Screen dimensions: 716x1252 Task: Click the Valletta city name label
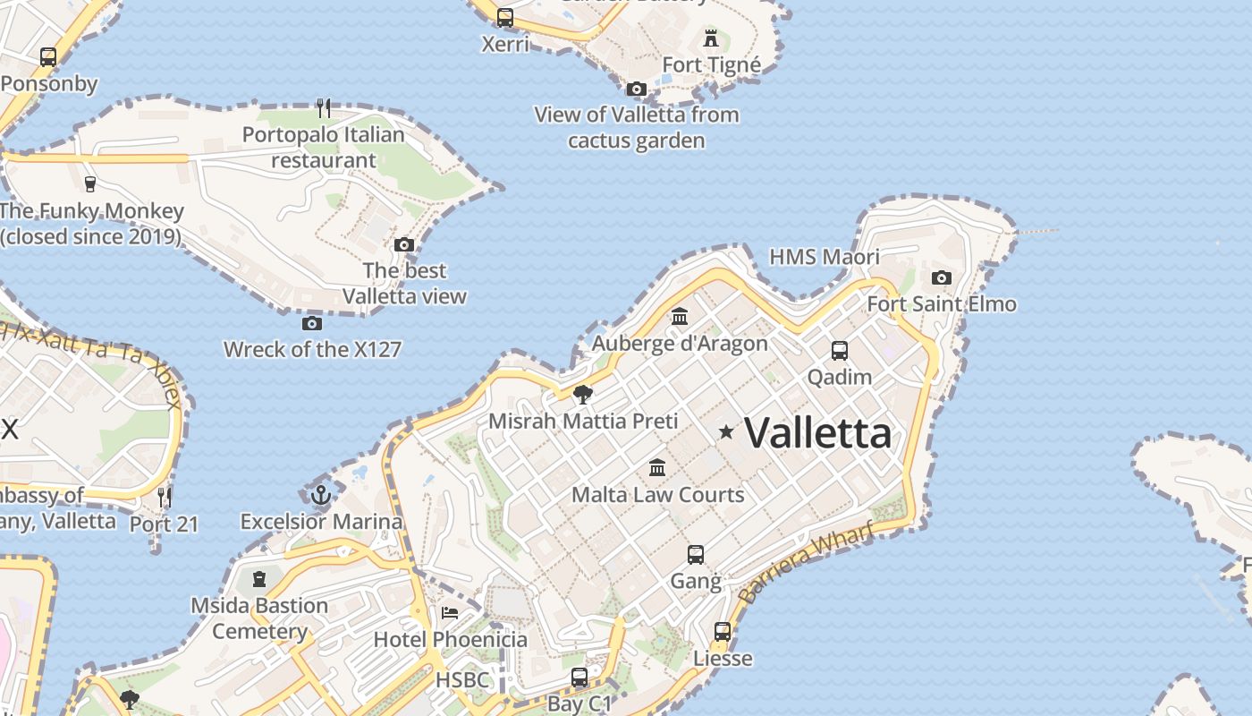click(x=817, y=433)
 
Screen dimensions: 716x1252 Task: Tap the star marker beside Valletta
click(x=726, y=432)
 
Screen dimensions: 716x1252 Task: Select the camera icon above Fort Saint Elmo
click(x=941, y=277)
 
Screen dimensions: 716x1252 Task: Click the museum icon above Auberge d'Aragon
click(x=680, y=317)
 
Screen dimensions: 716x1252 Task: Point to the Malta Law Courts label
click(x=657, y=494)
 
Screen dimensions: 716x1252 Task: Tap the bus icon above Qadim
click(x=840, y=350)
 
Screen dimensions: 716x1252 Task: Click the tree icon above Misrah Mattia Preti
click(x=583, y=394)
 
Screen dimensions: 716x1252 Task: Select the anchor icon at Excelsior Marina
click(x=320, y=494)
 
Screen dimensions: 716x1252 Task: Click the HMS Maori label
click(x=825, y=257)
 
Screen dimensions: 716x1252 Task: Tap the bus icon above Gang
click(x=696, y=555)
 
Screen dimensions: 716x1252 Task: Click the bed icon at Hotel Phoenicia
click(x=450, y=613)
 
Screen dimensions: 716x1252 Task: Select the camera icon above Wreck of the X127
click(x=312, y=323)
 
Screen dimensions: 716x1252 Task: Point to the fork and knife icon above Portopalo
click(x=324, y=108)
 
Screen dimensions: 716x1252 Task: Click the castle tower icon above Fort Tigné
click(x=711, y=38)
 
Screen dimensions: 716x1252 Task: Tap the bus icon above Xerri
click(x=505, y=17)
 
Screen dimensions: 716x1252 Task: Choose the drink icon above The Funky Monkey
click(x=89, y=184)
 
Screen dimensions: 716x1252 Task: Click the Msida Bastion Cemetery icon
click(x=259, y=579)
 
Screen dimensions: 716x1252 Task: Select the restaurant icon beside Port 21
click(x=164, y=496)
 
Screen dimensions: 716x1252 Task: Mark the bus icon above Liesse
click(x=723, y=632)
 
